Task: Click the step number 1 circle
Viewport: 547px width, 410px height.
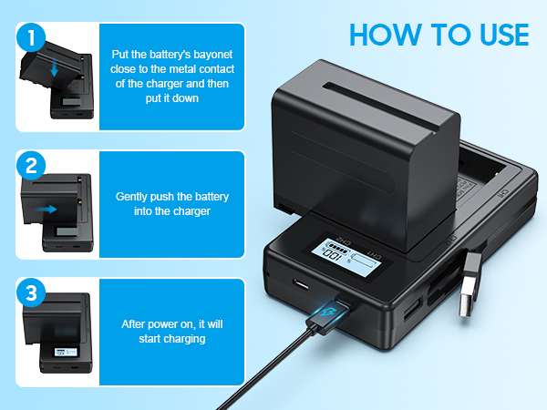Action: tap(31, 38)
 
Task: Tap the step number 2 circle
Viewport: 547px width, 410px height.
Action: tap(31, 166)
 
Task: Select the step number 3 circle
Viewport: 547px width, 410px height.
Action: tap(31, 293)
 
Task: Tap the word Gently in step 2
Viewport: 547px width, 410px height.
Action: tap(133, 196)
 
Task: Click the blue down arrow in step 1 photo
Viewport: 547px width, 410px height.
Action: tap(55, 67)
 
